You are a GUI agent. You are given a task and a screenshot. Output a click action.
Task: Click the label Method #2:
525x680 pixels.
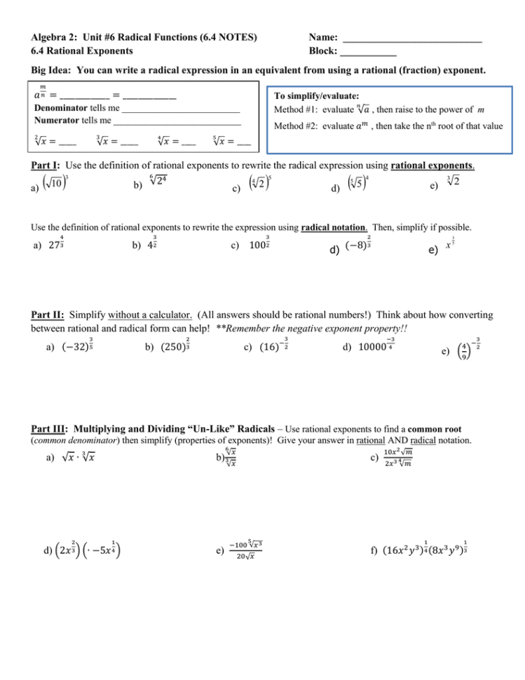click(296, 126)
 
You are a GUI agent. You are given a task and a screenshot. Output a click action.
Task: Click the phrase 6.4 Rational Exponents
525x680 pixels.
click(81, 51)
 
